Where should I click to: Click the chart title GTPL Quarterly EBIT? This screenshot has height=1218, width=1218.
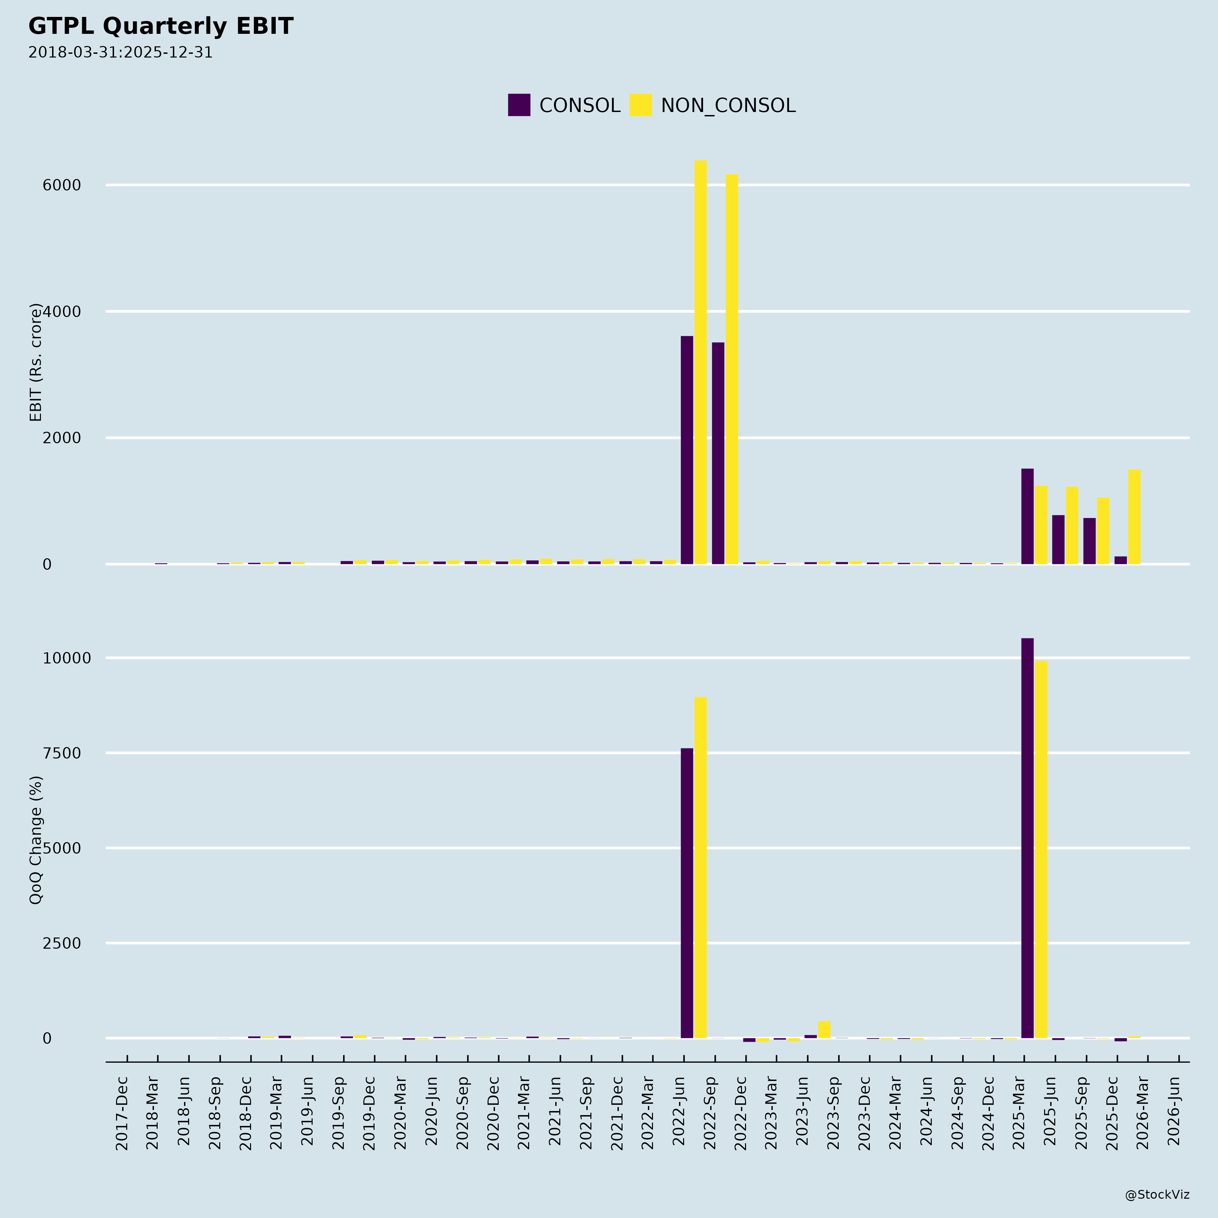point(161,26)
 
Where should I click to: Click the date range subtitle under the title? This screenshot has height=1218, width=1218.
point(120,52)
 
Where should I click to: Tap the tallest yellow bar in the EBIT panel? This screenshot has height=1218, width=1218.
point(700,362)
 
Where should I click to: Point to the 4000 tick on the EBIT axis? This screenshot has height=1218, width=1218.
point(62,311)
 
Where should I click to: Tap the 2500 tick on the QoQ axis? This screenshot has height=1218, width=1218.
point(62,943)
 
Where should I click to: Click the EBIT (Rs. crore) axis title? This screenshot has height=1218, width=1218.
point(36,362)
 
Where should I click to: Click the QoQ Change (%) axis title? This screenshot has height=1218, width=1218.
point(36,840)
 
